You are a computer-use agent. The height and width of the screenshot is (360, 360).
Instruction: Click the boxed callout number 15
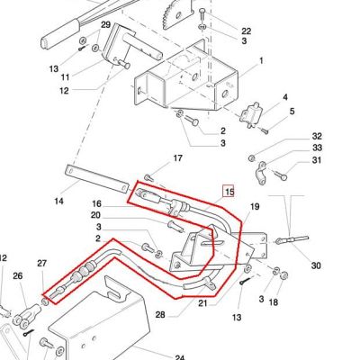point(229,192)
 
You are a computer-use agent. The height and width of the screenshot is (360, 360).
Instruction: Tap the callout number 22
point(246,31)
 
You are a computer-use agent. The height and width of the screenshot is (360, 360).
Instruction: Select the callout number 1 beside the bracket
point(261,60)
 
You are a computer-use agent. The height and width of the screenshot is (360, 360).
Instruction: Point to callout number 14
point(58,201)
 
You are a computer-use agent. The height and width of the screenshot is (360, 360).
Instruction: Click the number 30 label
point(316,265)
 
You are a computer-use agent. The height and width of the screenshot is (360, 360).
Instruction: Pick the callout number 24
point(179,357)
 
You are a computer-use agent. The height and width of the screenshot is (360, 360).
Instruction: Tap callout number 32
point(317,136)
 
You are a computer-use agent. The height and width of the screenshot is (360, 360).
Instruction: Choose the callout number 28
point(160,314)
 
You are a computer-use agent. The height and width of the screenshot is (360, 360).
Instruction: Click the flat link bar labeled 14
point(96,179)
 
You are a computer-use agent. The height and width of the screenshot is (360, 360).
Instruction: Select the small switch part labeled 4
point(251,115)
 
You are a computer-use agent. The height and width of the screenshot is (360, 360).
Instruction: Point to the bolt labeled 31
point(280,175)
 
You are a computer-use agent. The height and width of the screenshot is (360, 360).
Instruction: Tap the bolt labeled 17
point(149,178)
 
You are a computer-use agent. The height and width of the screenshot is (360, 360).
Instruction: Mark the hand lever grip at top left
point(60,33)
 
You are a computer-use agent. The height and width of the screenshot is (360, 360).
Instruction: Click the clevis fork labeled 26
point(26,315)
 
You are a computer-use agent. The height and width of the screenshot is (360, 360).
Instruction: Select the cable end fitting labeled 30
point(292,239)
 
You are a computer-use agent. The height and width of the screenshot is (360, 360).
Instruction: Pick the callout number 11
point(65,77)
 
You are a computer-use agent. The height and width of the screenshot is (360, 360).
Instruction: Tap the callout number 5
point(292,112)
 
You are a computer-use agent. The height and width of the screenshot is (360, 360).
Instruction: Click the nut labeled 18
point(283,274)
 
